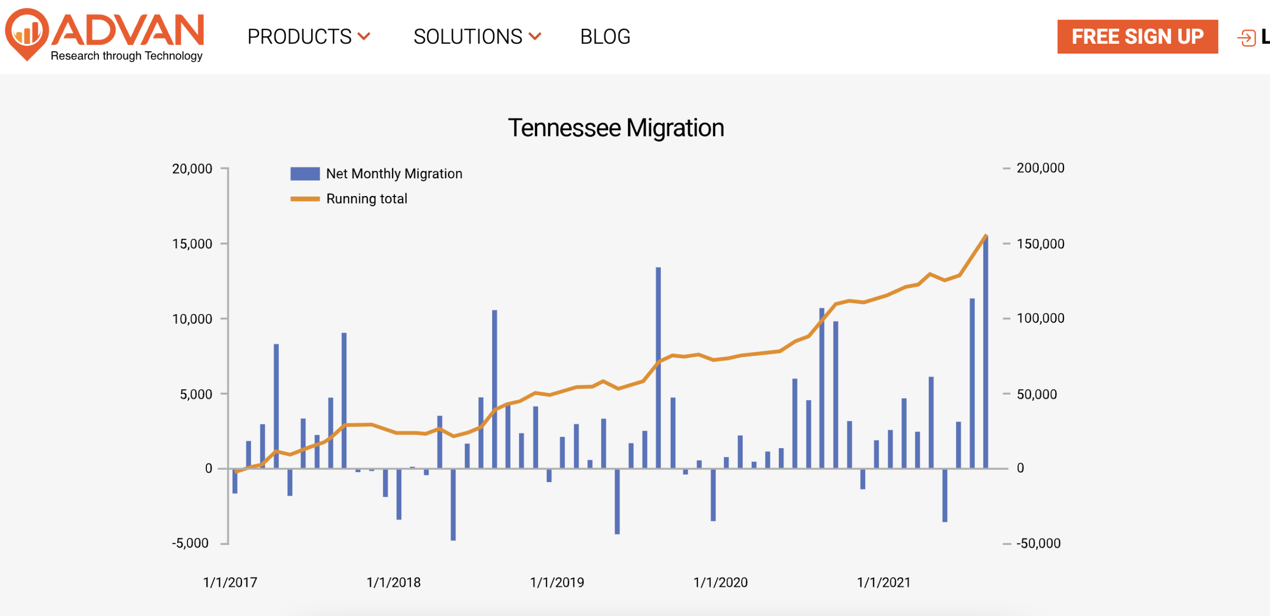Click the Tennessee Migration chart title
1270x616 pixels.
(x=616, y=128)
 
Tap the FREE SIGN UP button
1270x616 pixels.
(x=1137, y=37)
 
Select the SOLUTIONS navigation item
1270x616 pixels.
(x=477, y=37)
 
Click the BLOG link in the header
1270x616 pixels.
(x=605, y=37)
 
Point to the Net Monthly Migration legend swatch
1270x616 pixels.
(x=305, y=174)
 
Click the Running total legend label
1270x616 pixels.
(x=367, y=199)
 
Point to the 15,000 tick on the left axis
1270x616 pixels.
(x=192, y=244)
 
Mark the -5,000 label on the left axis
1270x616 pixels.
(x=190, y=543)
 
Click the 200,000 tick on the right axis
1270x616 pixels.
(x=1040, y=168)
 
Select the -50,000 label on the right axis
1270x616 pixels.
(x=1038, y=544)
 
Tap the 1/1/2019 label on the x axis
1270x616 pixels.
(x=557, y=582)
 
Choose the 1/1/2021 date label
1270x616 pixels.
(x=884, y=582)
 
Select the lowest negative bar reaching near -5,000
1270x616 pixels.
(x=453, y=504)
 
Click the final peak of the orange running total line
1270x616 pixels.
(x=986, y=235)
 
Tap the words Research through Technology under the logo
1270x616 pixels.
(x=127, y=56)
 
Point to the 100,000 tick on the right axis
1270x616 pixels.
(x=1040, y=318)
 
